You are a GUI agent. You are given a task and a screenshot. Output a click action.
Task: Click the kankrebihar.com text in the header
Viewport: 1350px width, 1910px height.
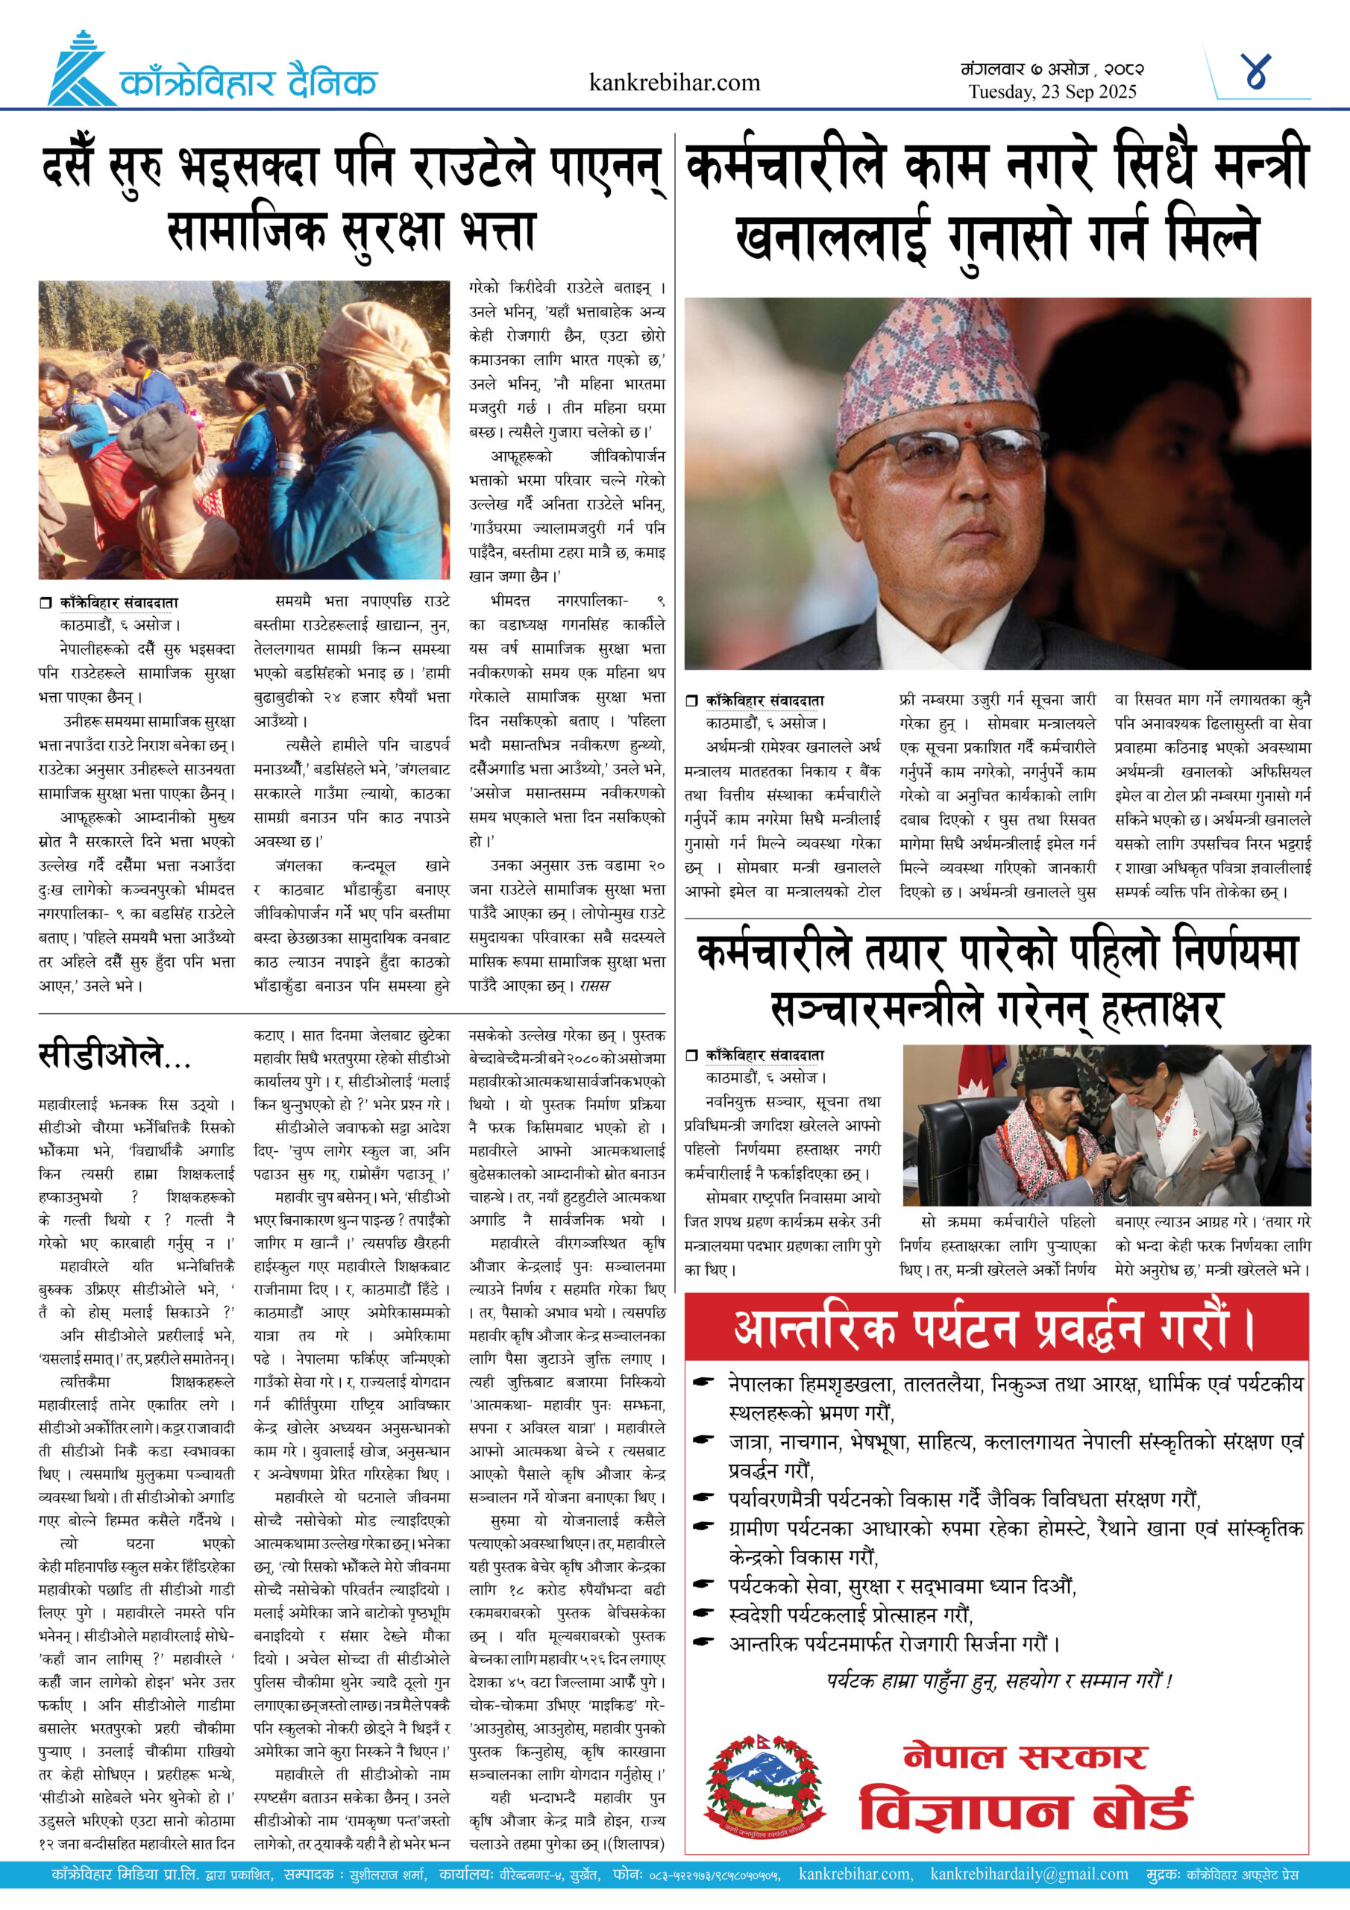[674, 82]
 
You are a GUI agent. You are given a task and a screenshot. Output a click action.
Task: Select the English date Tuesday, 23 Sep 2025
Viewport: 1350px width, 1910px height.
[1052, 93]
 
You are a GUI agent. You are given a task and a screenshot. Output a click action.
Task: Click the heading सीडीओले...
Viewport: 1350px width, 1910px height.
[115, 1056]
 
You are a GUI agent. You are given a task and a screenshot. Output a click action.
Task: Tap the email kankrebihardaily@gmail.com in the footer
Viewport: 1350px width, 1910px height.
[1029, 1874]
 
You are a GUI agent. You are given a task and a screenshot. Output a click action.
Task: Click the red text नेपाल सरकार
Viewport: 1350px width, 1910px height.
[1026, 1756]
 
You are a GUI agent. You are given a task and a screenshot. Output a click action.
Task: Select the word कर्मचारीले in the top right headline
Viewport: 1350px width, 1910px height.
[785, 166]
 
